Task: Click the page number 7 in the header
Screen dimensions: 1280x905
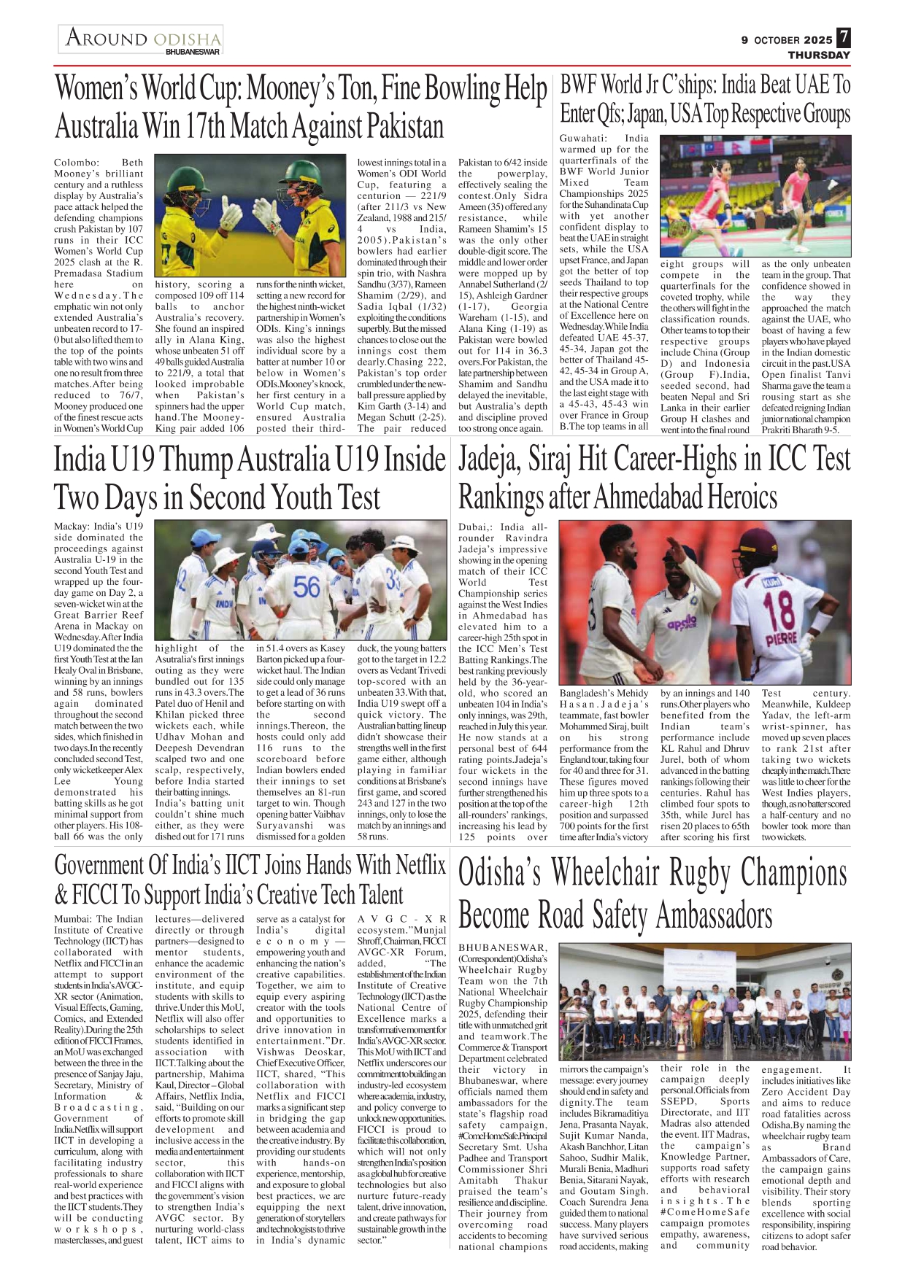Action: [x=843, y=37]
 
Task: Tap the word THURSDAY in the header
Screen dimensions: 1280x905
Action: [x=819, y=55]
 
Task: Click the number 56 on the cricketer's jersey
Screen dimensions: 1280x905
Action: [x=307, y=586]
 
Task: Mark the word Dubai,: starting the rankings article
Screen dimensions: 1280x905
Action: [x=476, y=527]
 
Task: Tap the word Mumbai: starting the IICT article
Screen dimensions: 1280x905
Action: [x=74, y=919]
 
